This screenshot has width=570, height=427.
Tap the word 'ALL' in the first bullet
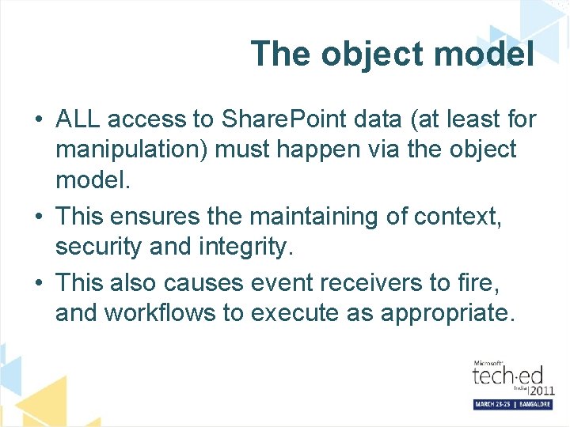coord(78,119)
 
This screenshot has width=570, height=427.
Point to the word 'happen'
coord(329,149)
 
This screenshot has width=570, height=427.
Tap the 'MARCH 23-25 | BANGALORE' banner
coord(512,403)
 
